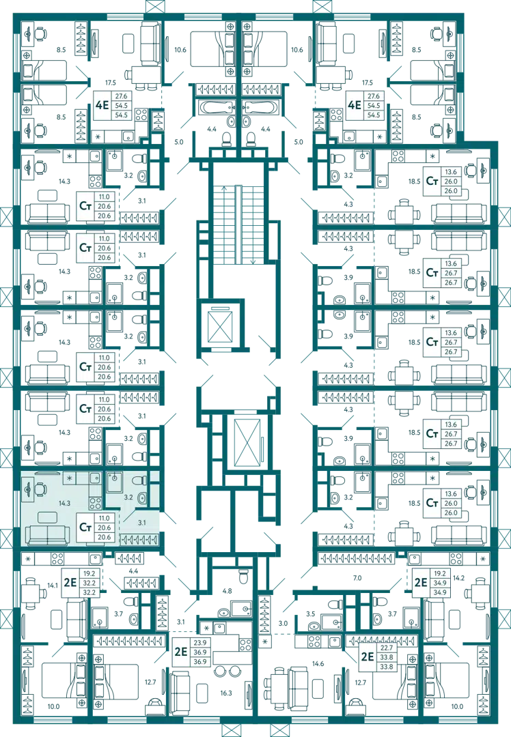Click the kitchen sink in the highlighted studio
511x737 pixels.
pos(94,478)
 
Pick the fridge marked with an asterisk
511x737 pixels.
pos(69,477)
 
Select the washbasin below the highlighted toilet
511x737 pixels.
pos(142,499)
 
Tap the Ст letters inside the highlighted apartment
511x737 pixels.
pos(85,527)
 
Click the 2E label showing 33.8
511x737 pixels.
pos(368,657)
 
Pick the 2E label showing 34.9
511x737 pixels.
pos(421,582)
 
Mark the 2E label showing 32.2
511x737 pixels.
pos(70,582)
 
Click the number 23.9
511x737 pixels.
pos(199,643)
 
